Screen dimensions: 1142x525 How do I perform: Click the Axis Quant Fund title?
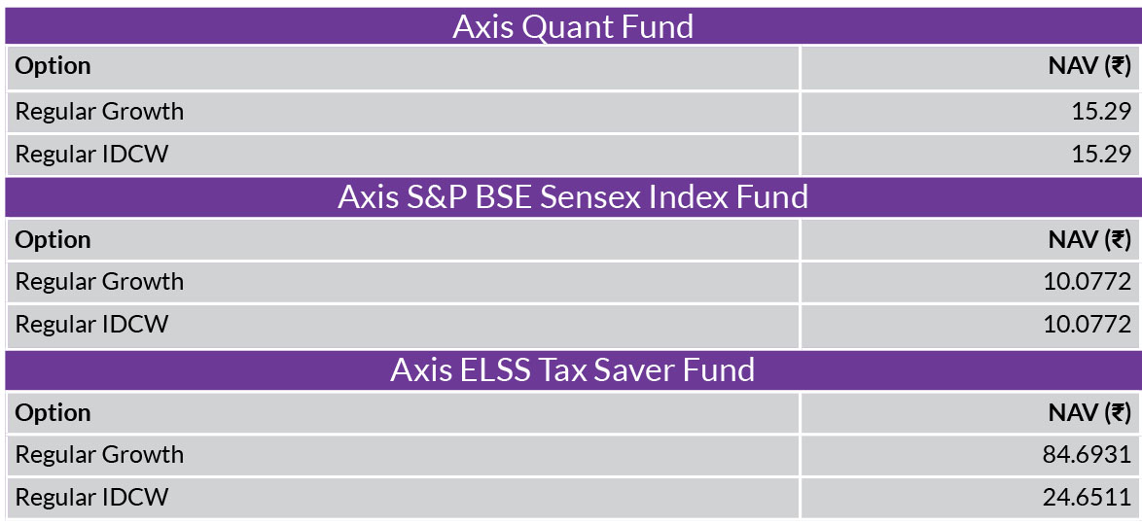tap(572, 27)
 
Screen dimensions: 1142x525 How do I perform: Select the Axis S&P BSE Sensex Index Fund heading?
tap(572, 197)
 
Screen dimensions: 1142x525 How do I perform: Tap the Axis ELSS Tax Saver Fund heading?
tap(572, 369)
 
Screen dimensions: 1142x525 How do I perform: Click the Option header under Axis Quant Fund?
tap(54, 66)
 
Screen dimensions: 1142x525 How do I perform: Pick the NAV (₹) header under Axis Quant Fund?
tap(1089, 66)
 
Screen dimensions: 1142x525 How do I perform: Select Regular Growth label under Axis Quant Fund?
tap(100, 112)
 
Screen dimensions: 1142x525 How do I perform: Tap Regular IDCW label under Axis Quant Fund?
tap(91, 155)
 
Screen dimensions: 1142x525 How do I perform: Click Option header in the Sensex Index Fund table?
tap(54, 240)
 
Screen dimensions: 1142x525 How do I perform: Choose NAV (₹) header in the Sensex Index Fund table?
tap(1089, 239)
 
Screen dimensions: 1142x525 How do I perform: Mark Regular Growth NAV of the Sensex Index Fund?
tap(1088, 282)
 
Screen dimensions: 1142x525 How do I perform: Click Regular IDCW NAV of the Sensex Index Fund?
tap(1088, 325)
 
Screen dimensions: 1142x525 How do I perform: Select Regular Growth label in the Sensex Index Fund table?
tap(100, 282)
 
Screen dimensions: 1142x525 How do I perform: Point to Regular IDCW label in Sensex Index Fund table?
tap(91, 325)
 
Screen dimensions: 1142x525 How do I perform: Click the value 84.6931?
tap(1088, 454)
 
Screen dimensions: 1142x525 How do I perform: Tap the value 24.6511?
tap(1088, 498)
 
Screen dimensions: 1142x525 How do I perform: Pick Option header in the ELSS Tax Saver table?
tap(54, 413)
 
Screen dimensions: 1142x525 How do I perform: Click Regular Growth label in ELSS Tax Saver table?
tap(100, 454)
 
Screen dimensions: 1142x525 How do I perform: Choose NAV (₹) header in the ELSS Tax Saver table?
tap(1089, 412)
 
